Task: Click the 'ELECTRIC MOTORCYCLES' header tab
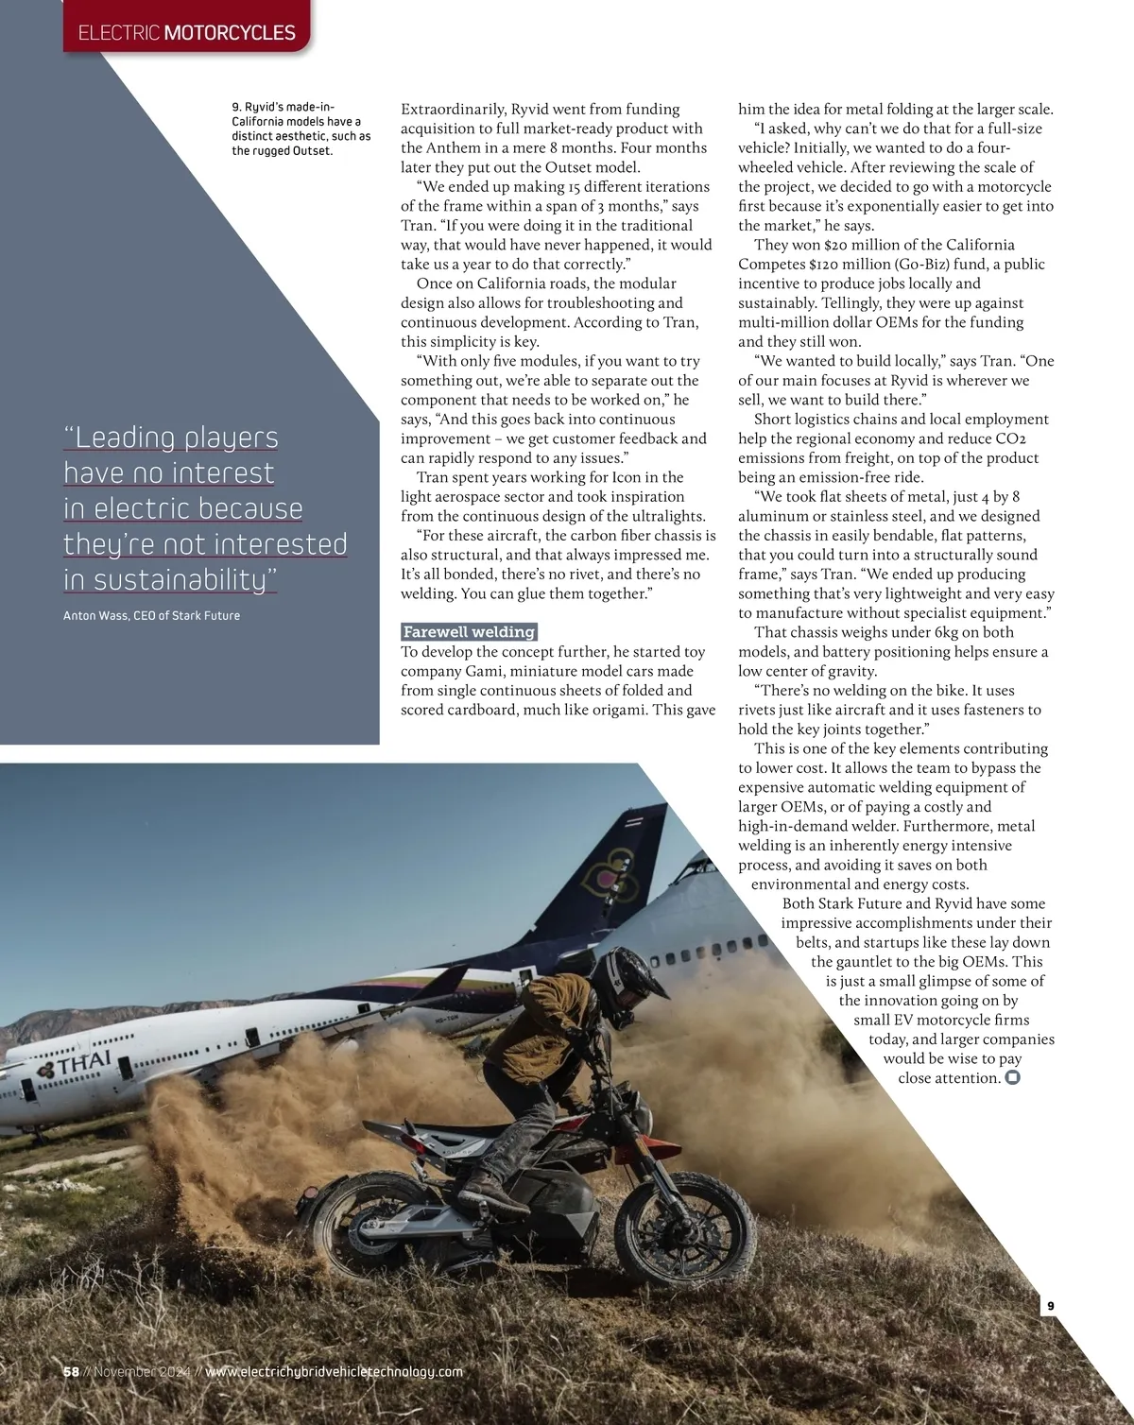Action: [x=187, y=33]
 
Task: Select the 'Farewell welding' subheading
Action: [x=470, y=632]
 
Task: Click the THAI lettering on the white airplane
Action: [x=84, y=1061]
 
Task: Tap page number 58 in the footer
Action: [x=71, y=1371]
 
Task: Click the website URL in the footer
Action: [x=335, y=1371]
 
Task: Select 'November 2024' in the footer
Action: [x=143, y=1371]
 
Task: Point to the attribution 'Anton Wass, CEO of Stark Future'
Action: [x=151, y=616]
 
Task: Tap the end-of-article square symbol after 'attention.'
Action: [x=1012, y=1078]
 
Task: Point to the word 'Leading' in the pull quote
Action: [x=125, y=438]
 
